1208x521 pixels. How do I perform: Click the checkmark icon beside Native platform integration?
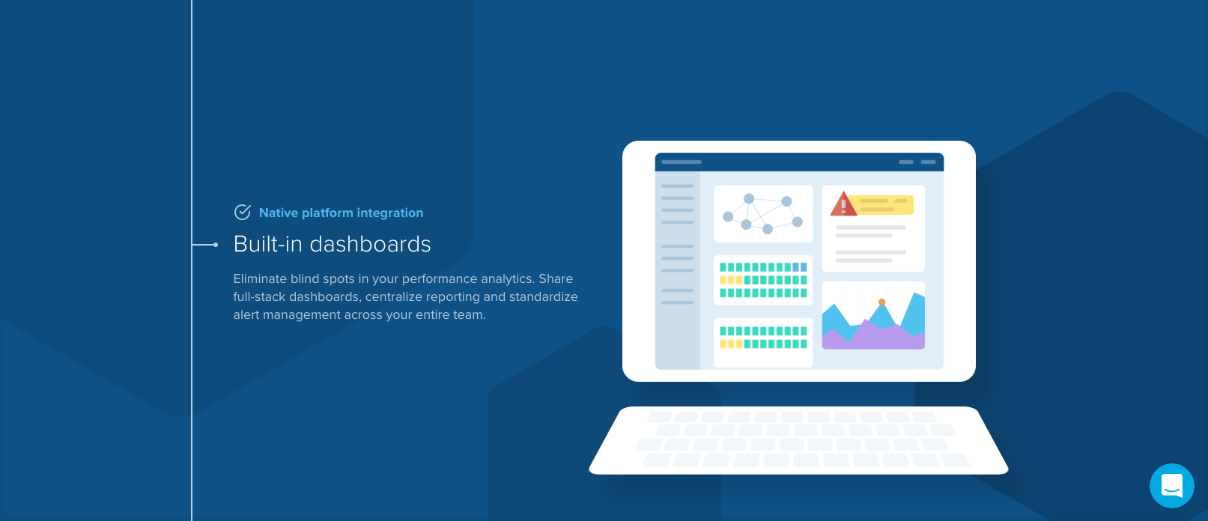(x=242, y=213)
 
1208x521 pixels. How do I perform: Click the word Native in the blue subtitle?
(x=279, y=213)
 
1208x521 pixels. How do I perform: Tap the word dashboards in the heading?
(x=370, y=244)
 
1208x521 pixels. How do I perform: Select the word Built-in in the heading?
(x=267, y=244)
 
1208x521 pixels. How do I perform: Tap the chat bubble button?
(x=1172, y=485)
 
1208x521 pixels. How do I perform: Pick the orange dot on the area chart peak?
(x=881, y=302)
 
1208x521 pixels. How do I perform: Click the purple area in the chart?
(x=873, y=337)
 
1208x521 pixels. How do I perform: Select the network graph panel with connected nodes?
(x=763, y=214)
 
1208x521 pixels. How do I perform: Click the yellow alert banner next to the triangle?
(x=885, y=205)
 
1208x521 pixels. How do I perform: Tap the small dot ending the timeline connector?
(x=216, y=245)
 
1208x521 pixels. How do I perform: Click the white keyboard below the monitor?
(x=798, y=441)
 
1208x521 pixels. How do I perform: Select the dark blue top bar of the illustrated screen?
(x=799, y=162)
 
